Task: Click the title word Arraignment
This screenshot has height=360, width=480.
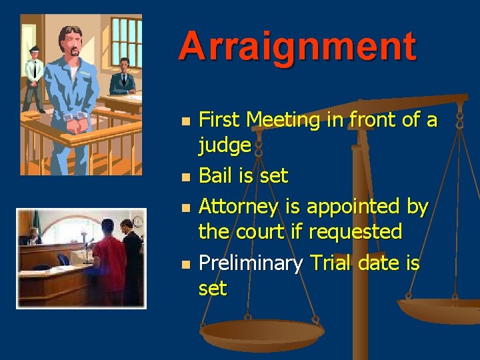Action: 297,47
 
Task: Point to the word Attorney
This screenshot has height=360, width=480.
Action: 239,207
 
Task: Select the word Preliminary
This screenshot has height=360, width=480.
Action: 251,264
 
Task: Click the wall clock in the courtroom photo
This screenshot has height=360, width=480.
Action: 138,221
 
